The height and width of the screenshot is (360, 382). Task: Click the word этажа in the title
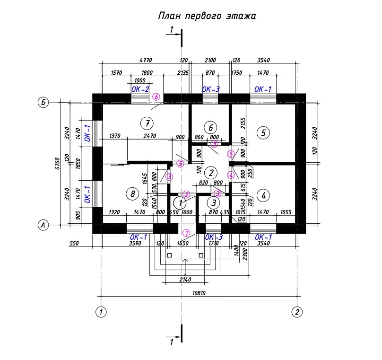240,17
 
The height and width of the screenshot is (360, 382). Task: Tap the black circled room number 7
148,123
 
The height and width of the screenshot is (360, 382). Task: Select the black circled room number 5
263,132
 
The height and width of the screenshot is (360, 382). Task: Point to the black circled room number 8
132,193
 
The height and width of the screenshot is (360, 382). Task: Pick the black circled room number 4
263,195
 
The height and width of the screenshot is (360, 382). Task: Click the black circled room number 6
210,127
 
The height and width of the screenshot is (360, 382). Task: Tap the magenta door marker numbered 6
156,97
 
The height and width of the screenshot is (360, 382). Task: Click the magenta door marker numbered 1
186,233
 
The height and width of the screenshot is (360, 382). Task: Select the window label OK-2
140,89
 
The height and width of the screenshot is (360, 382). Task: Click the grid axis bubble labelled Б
43,102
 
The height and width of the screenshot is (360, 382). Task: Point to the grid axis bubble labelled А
43,226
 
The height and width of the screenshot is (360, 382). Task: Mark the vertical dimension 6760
57,164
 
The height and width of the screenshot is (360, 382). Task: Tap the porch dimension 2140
185,280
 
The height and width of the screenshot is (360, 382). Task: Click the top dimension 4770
147,60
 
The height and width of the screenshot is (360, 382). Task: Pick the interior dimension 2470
149,136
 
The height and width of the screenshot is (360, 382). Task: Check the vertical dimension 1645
146,178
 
